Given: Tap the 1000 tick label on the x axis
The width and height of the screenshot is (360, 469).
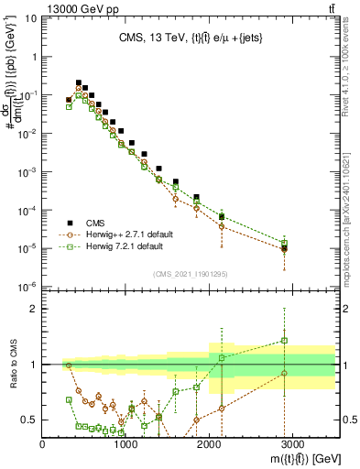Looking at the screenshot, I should tap(126, 444).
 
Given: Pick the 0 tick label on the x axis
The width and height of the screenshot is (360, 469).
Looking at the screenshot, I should tap(43, 444).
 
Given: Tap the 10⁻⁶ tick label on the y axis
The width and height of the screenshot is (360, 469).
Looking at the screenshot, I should tap(26, 287).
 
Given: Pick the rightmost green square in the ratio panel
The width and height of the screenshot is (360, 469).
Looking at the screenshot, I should tap(285, 340).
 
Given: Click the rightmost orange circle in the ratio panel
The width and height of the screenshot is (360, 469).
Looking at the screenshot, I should tap(285, 373).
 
